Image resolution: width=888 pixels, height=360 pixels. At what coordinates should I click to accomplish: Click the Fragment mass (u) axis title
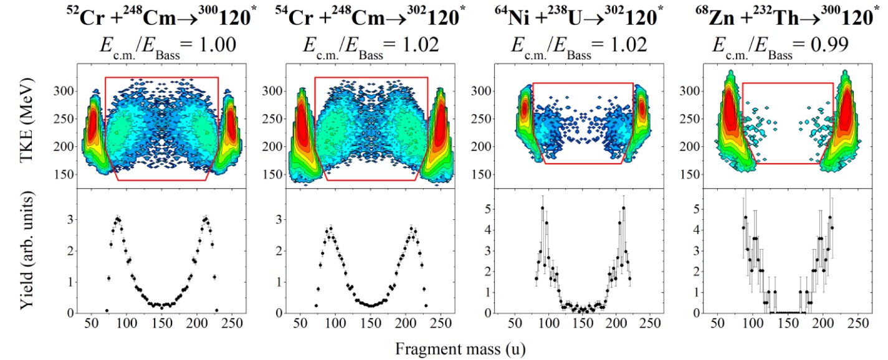[x=460, y=349]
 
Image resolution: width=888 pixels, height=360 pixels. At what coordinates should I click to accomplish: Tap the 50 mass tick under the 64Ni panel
[x=515, y=324]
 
